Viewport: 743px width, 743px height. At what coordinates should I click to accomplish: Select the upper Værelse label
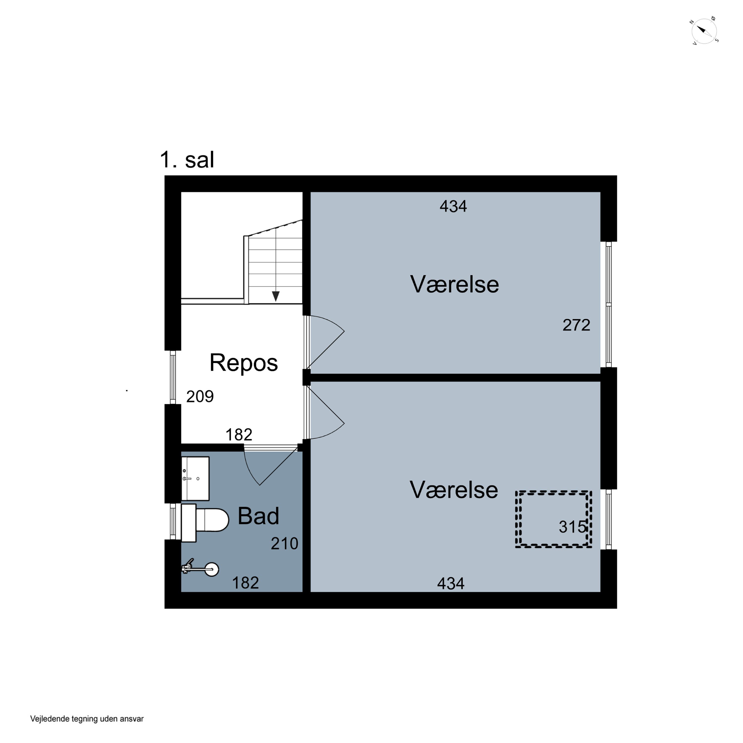[x=454, y=284]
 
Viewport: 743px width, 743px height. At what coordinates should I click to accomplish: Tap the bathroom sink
[x=195, y=478]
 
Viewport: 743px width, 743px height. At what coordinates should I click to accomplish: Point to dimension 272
[x=576, y=325]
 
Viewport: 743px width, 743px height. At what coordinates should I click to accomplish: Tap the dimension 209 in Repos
[x=200, y=397]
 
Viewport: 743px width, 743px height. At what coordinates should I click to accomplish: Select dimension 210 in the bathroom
[x=285, y=543]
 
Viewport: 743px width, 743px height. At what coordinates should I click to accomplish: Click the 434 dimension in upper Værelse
[x=453, y=207]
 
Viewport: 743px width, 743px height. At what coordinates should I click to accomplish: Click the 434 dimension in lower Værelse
[x=451, y=584]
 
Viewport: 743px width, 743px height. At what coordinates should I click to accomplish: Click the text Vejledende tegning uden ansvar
[x=87, y=719]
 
